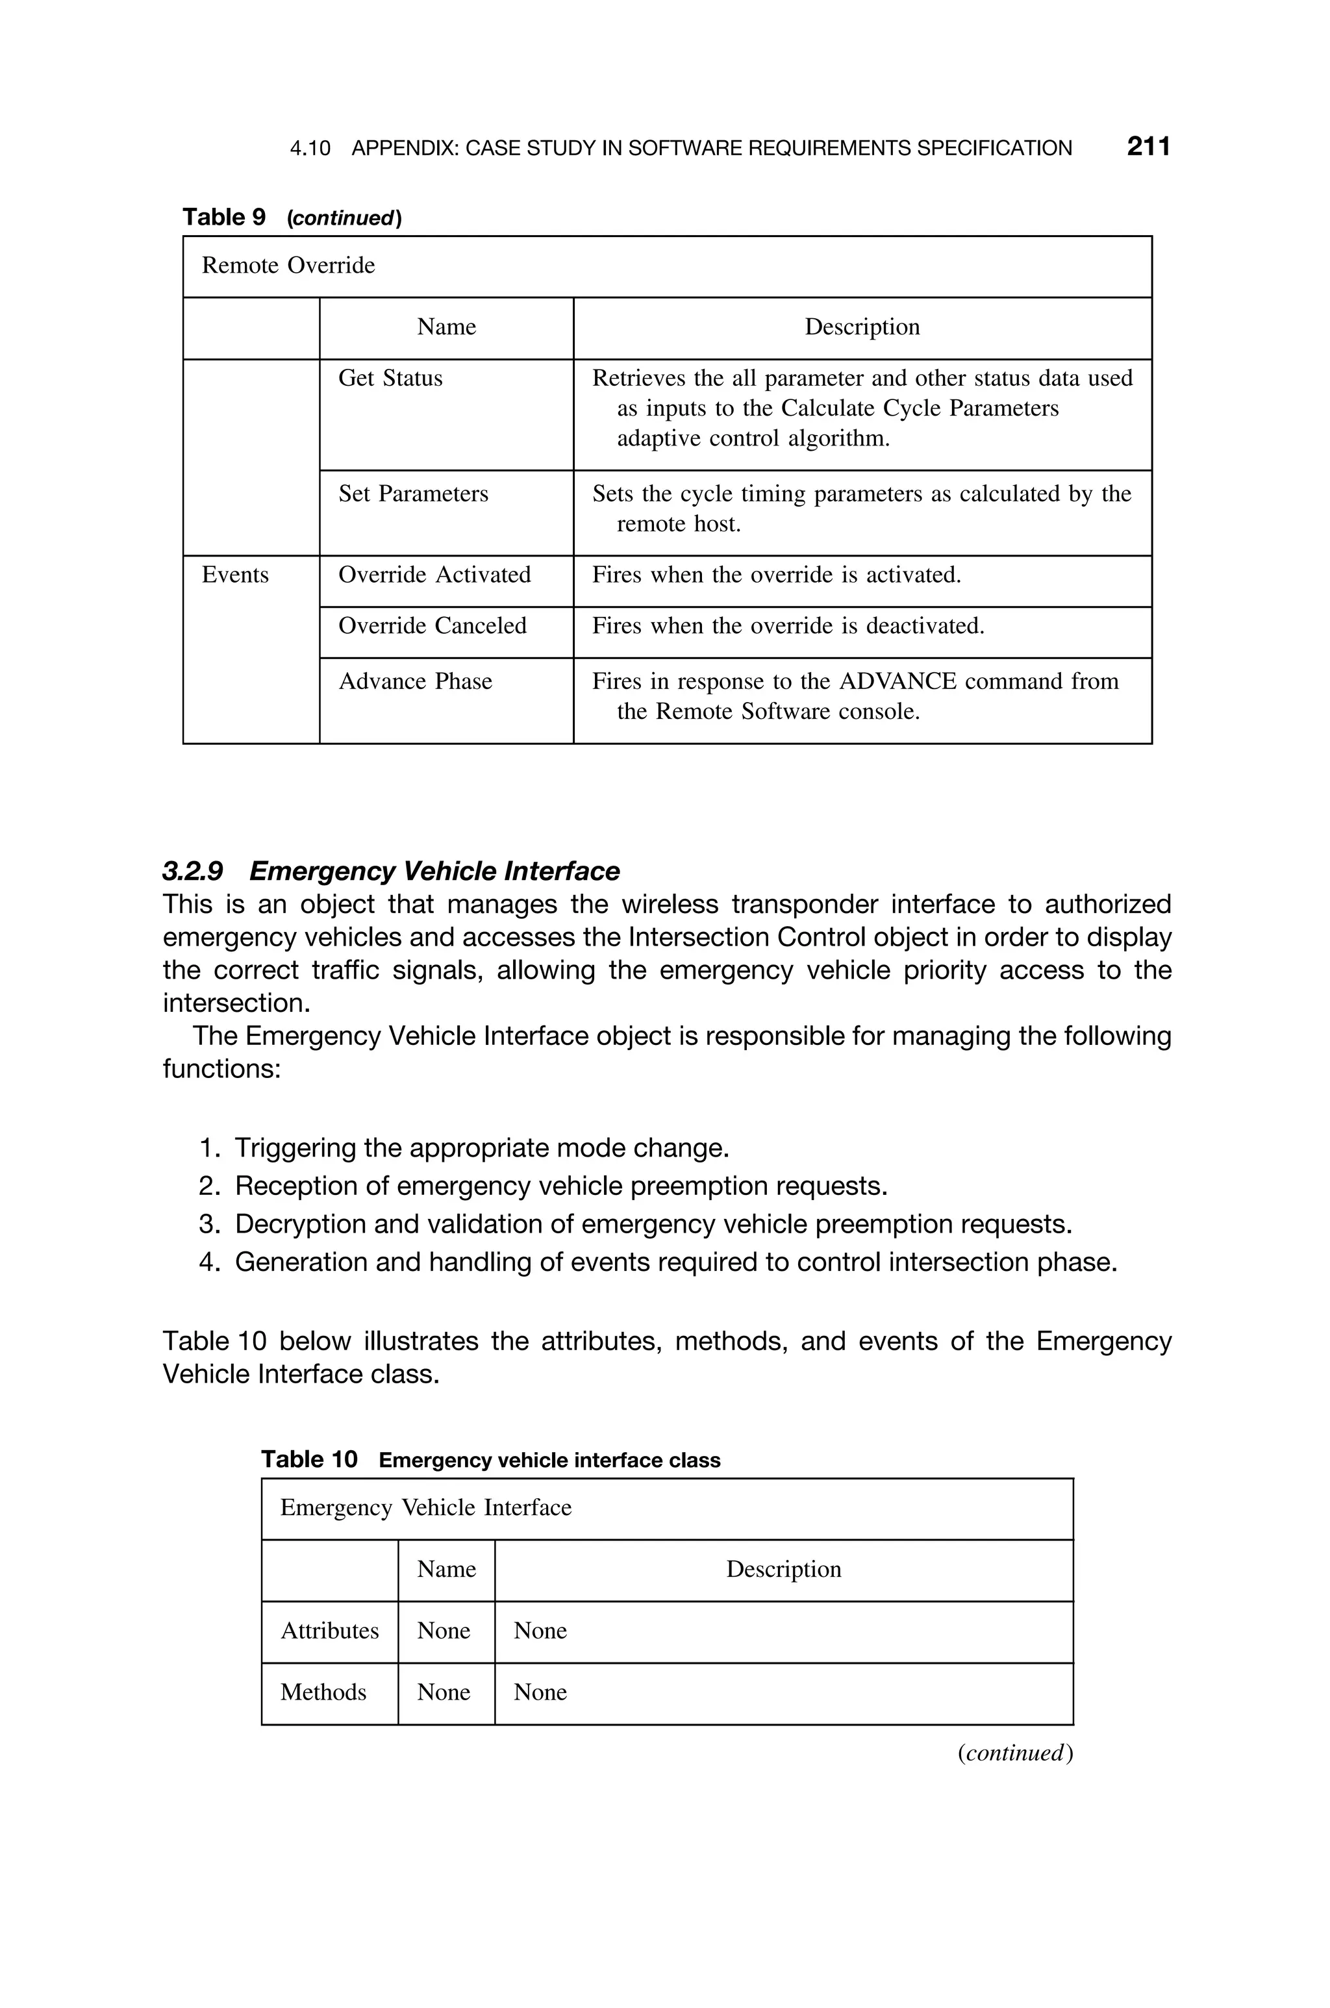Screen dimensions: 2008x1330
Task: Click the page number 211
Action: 1148,147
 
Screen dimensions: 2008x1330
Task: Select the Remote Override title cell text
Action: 288,266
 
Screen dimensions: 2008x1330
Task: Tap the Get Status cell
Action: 390,378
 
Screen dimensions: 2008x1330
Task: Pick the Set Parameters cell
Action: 413,494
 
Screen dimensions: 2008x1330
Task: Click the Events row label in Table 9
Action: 235,575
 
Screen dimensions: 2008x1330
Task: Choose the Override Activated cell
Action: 434,575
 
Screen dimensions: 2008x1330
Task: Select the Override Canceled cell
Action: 432,626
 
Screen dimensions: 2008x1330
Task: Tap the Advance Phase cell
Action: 415,682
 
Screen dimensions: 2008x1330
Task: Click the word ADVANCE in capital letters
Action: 897,682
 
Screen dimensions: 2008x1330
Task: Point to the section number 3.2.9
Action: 192,871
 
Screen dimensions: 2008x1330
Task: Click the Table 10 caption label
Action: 310,1459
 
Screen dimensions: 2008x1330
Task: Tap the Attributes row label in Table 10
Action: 329,1631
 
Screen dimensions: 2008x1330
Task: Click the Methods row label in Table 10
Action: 323,1692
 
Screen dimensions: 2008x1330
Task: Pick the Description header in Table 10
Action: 783,1570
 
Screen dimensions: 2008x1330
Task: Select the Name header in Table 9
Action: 446,327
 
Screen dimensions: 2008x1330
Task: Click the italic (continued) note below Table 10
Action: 1014,1753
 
